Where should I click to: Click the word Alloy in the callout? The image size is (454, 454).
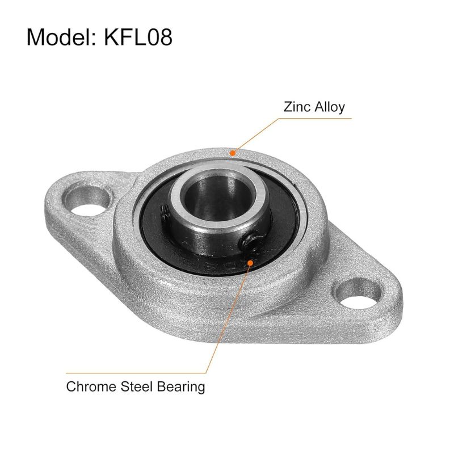coord(329,107)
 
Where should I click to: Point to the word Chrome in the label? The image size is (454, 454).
coord(89,387)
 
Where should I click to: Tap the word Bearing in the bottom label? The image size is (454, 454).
coord(178,387)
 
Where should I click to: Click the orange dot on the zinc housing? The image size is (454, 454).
coord(232,152)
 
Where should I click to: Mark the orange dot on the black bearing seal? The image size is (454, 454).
coord(250,262)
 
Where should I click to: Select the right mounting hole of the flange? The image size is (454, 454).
coord(356,296)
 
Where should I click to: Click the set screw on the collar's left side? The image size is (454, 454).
coord(164,213)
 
